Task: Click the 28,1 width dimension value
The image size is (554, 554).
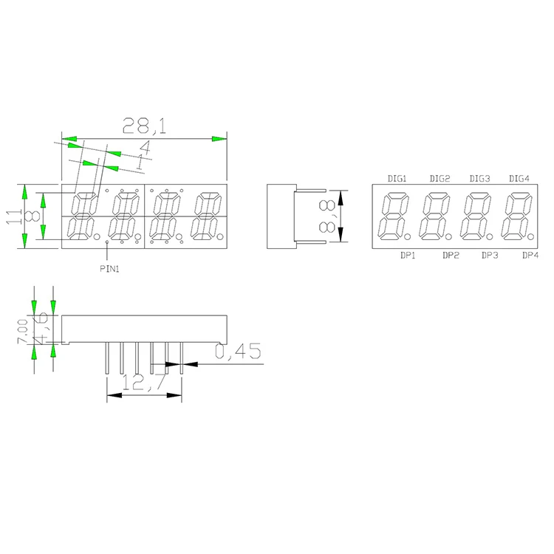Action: click(x=144, y=126)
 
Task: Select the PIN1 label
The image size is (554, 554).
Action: click(x=109, y=270)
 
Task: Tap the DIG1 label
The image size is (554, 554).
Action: click(x=398, y=179)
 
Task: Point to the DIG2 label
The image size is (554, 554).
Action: click(x=440, y=179)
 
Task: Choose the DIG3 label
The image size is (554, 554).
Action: click(x=480, y=179)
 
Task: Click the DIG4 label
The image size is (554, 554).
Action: click(x=520, y=179)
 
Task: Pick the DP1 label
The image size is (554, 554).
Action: click(x=408, y=255)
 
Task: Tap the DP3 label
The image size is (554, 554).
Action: click(x=490, y=255)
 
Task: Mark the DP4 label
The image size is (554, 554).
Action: click(x=530, y=255)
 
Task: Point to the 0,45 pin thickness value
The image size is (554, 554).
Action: click(x=238, y=353)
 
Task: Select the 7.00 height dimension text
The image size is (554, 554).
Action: click(x=22, y=331)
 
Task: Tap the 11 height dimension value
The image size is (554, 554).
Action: click(x=13, y=216)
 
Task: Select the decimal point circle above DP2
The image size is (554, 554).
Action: click(x=449, y=236)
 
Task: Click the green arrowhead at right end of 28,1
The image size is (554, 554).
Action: click(x=219, y=138)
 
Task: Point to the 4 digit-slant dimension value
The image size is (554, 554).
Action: click(x=144, y=147)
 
